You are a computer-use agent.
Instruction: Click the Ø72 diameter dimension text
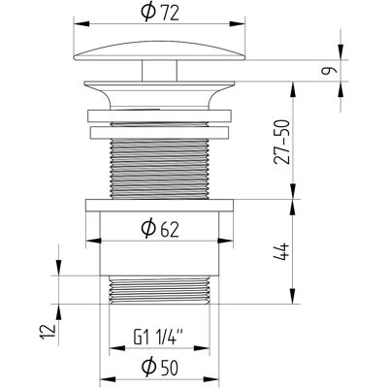click(160, 14)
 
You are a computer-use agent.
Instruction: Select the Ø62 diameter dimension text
click(160, 229)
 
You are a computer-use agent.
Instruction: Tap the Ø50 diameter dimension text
click(160, 367)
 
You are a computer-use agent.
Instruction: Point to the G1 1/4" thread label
click(158, 338)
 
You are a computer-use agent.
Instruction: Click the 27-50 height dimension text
click(281, 142)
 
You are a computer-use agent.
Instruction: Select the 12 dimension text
click(48, 331)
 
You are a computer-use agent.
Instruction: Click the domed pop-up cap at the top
click(160, 51)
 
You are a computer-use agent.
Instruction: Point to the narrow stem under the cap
click(160, 71)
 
